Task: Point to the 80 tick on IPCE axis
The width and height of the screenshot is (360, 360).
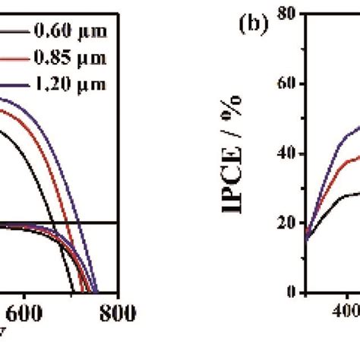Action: (286, 13)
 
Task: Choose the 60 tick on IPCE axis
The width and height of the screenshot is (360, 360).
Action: (286, 83)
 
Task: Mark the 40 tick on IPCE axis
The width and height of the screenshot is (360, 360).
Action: (286, 153)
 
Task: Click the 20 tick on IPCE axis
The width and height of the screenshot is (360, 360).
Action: (286, 223)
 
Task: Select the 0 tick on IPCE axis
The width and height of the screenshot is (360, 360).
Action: (290, 292)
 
